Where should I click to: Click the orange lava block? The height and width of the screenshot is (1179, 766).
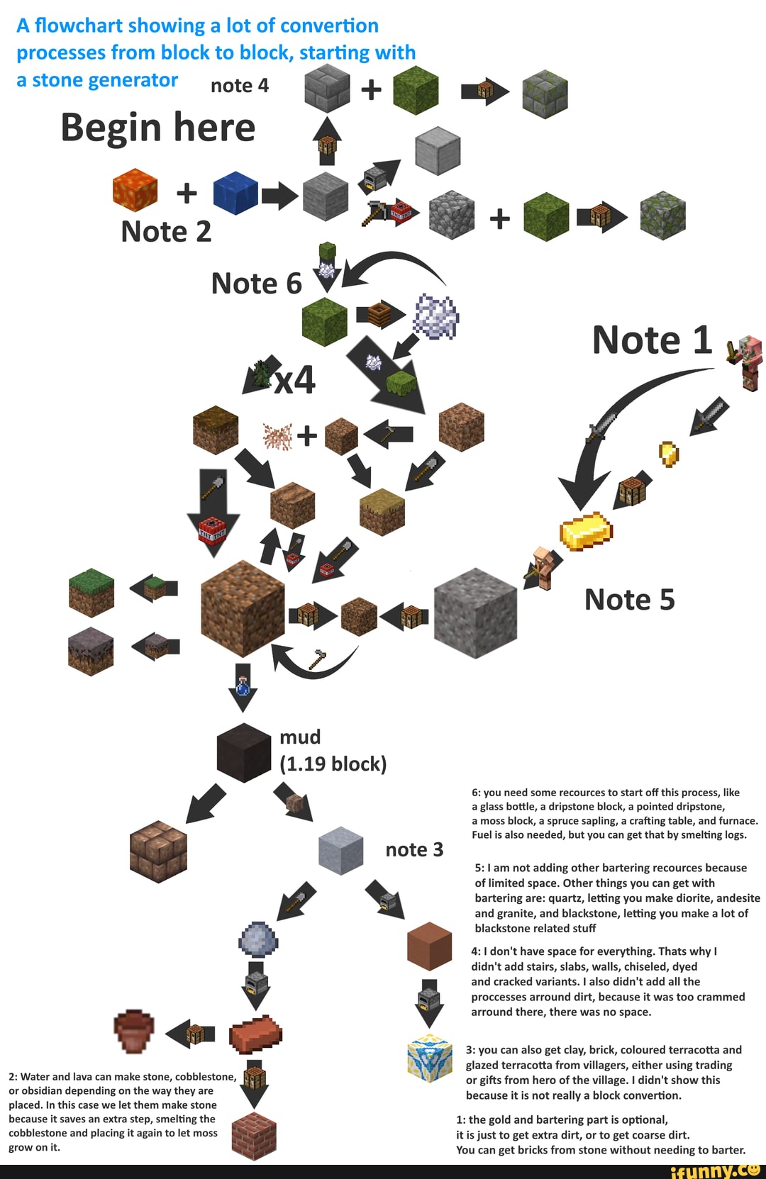point(135,190)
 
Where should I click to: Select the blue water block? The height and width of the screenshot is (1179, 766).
point(235,192)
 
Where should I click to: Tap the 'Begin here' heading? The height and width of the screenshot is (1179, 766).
point(157,128)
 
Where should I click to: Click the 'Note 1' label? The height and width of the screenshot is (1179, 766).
point(652,340)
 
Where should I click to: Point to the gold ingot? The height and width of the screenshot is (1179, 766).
point(586,531)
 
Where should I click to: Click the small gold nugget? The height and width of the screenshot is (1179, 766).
point(669,453)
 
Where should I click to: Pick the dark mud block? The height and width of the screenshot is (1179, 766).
point(243,752)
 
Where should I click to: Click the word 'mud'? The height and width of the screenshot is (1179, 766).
point(300,737)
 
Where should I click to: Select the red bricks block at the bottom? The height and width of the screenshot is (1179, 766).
point(254,1136)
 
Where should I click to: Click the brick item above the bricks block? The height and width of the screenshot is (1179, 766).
point(256,1034)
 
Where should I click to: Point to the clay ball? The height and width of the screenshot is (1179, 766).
point(257,940)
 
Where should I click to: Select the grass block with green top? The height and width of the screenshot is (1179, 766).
point(91,593)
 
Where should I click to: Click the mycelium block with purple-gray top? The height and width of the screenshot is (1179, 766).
point(91,651)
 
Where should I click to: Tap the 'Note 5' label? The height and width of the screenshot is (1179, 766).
point(629,600)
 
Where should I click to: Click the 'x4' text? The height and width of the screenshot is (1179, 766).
point(294,381)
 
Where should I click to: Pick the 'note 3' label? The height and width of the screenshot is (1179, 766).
point(414,849)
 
